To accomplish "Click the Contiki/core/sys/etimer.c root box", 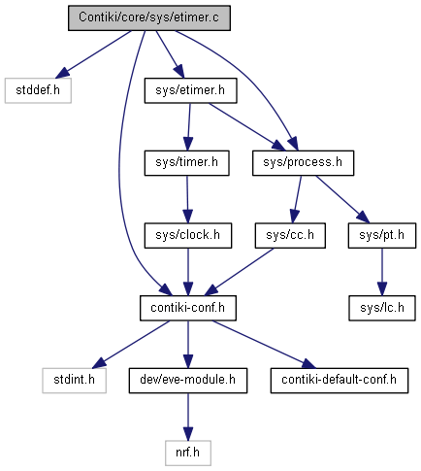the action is [x=149, y=18].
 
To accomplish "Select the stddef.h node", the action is [x=38, y=90].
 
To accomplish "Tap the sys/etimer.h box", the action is [x=190, y=90].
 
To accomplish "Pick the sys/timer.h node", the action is [x=186, y=163].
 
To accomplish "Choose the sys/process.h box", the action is [x=303, y=163].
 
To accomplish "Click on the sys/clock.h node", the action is [x=188, y=236].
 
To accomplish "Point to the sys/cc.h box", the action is [x=290, y=236].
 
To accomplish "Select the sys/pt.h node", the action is [x=382, y=236].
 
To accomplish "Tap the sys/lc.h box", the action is [x=382, y=308].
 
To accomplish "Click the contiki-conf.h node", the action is [x=188, y=308].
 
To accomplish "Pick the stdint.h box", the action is [x=74, y=381].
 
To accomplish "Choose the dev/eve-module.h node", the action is [x=188, y=381].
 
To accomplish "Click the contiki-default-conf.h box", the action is [x=340, y=381].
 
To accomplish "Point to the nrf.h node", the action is [x=188, y=454].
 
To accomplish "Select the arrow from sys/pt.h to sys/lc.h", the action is [x=382, y=272].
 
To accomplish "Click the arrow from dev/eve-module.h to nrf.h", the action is [x=188, y=417].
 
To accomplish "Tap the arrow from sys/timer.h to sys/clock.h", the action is [x=187, y=199].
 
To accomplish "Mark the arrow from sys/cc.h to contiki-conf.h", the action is [x=240, y=272].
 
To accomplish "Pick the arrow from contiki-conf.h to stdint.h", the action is [x=131, y=345].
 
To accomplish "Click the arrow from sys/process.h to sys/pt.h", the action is [x=342, y=199].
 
